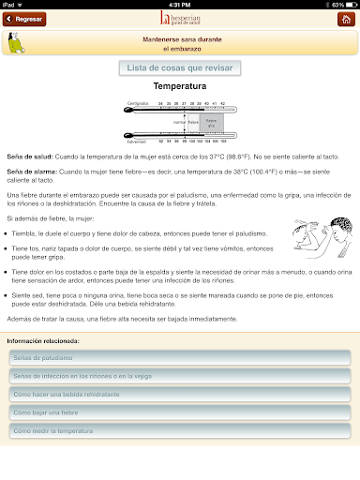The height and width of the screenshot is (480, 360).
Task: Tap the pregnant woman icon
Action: pyautogui.click(x=16, y=42)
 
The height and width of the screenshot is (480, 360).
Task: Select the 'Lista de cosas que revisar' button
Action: pyautogui.click(x=180, y=67)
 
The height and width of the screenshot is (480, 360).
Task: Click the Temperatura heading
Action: pyautogui.click(x=180, y=86)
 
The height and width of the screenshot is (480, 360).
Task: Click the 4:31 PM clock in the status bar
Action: pyautogui.click(x=179, y=4)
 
